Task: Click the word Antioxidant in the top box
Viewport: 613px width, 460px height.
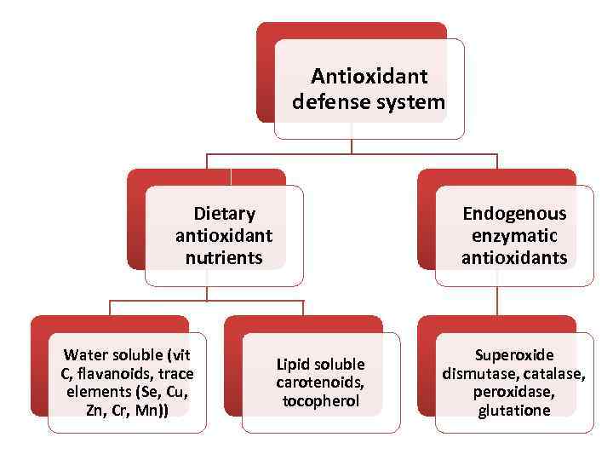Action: click(x=369, y=76)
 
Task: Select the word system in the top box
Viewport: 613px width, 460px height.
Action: click(x=412, y=102)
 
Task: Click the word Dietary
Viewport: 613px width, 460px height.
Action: click(x=224, y=213)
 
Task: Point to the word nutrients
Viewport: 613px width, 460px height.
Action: click(x=224, y=257)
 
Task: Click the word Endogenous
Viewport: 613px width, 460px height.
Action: click(x=514, y=213)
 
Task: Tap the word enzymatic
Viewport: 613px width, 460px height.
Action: click(x=514, y=235)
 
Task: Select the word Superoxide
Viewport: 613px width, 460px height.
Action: click(x=514, y=354)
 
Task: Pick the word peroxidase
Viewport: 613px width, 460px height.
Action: click(x=514, y=392)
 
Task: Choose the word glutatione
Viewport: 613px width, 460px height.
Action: click(x=514, y=411)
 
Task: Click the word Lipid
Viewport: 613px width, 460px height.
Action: click(x=292, y=364)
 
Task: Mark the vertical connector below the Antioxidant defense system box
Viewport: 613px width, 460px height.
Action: click(x=352, y=146)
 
